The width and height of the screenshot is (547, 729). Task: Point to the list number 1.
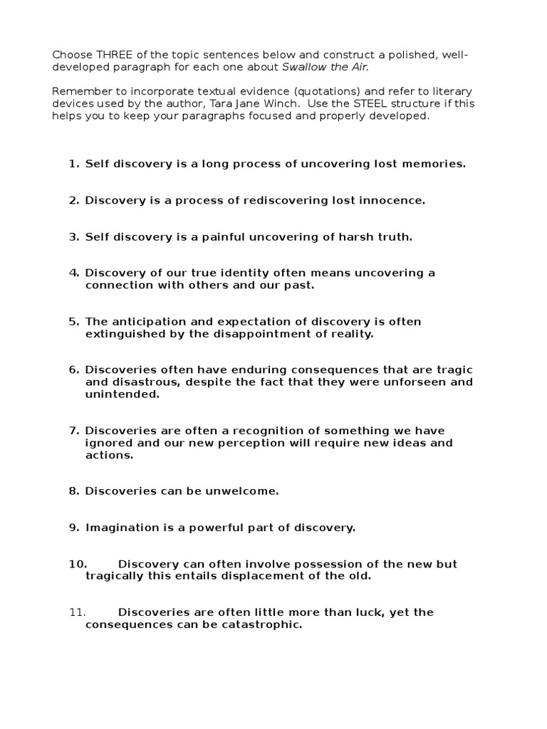coord(73,164)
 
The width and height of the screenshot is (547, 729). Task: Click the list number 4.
coord(73,273)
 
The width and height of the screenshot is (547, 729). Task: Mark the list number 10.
coord(78,565)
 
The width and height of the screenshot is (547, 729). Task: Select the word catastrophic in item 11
coord(261,625)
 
